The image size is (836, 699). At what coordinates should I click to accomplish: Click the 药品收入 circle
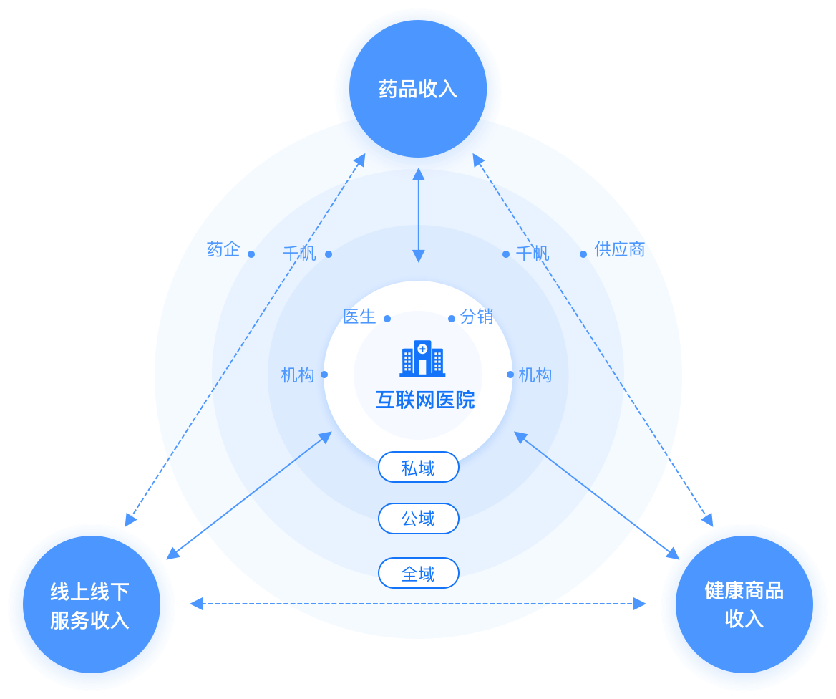point(418,90)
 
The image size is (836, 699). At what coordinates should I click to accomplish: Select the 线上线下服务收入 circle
point(91,606)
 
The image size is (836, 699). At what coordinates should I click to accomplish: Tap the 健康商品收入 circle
point(744,606)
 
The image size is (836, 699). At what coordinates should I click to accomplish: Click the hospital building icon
point(422,358)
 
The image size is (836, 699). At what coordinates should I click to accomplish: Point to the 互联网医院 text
point(425,400)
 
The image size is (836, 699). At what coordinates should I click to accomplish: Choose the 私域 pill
point(418,468)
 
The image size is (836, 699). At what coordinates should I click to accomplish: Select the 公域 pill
point(418,519)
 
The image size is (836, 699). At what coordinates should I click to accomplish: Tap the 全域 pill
point(418,573)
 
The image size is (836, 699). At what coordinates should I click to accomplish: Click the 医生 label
point(359,317)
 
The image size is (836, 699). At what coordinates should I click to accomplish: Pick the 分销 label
point(477,317)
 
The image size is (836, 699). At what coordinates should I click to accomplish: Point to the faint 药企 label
point(223,250)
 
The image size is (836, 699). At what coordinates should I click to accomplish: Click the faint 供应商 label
point(620,250)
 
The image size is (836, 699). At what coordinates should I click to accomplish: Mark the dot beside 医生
point(387,319)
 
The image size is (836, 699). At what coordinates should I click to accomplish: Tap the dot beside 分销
point(452,319)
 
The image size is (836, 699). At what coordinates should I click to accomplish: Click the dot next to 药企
point(251,254)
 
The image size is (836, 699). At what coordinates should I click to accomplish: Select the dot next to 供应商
point(583,254)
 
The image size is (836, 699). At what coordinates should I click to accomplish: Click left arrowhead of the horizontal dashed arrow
point(195,604)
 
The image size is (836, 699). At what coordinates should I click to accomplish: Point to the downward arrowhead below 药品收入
point(419,256)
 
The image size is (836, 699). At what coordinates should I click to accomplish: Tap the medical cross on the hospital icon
point(422,349)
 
